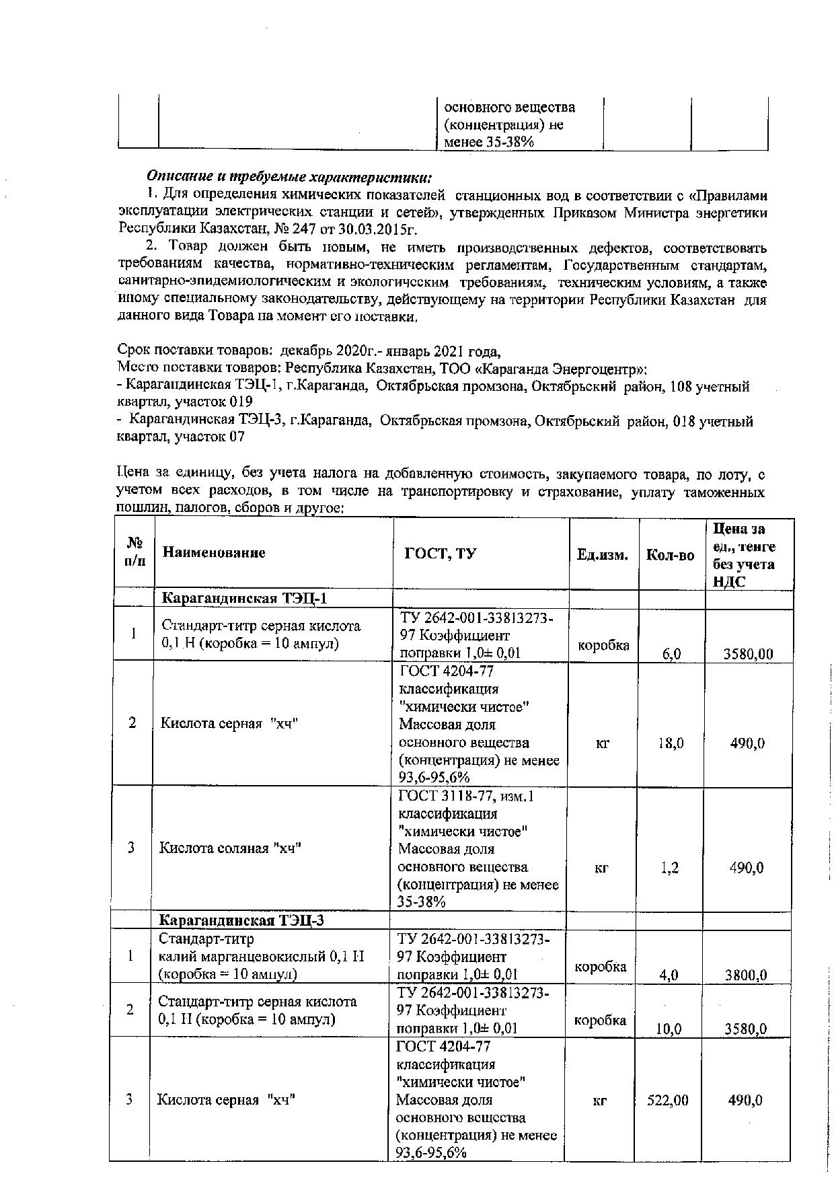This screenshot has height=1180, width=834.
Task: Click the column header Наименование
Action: point(214,553)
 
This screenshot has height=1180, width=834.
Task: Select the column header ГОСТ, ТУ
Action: point(440,554)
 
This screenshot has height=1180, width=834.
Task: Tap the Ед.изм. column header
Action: point(603,555)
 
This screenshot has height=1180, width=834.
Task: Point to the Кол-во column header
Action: point(670,555)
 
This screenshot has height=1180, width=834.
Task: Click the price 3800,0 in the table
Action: point(747,975)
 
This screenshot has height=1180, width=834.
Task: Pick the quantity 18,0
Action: point(671,743)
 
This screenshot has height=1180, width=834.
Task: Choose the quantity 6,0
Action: point(671,653)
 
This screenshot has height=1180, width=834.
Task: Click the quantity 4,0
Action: point(669,975)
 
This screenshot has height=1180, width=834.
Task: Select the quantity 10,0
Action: point(669,1029)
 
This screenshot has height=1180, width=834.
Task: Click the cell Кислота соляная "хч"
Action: point(230,848)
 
